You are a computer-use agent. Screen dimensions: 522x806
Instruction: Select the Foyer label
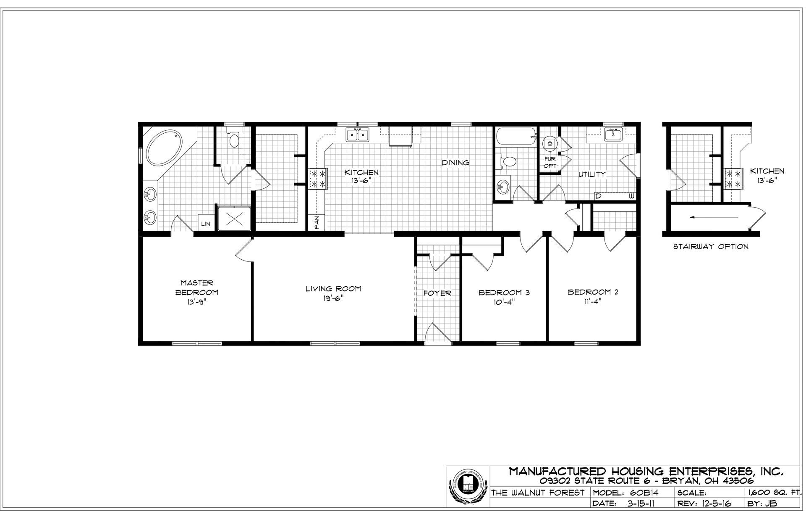click(437, 293)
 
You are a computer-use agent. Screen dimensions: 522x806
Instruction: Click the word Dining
click(455, 163)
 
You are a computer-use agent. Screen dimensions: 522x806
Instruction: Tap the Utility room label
click(592, 174)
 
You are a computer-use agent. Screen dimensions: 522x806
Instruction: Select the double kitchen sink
click(357, 135)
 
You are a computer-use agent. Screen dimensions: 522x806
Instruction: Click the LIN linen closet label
click(205, 224)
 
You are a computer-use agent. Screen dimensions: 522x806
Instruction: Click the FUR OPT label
click(550, 162)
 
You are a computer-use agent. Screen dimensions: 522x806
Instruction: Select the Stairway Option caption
click(711, 247)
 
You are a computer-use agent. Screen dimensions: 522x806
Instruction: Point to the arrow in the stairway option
click(714, 217)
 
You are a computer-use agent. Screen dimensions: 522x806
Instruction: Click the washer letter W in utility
click(631, 196)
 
